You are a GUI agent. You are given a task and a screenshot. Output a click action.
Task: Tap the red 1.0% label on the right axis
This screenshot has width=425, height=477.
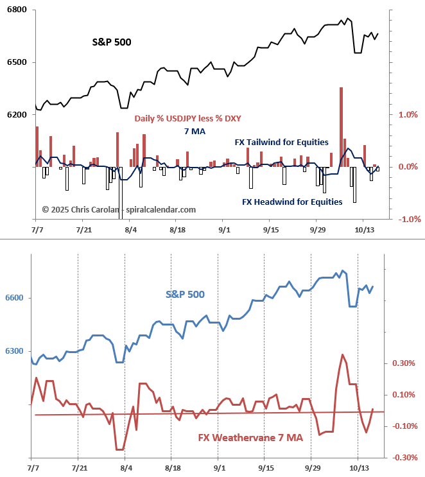408,115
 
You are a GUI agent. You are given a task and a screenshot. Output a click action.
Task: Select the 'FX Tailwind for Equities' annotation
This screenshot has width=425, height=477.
280,142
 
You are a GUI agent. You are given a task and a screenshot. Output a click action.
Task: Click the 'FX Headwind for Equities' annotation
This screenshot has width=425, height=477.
292,202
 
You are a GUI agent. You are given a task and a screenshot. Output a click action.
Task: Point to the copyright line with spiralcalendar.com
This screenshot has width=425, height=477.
119,209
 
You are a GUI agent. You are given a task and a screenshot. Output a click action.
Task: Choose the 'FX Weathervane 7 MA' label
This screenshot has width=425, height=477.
250,438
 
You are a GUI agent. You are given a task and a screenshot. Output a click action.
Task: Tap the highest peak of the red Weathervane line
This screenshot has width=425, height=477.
342,354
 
